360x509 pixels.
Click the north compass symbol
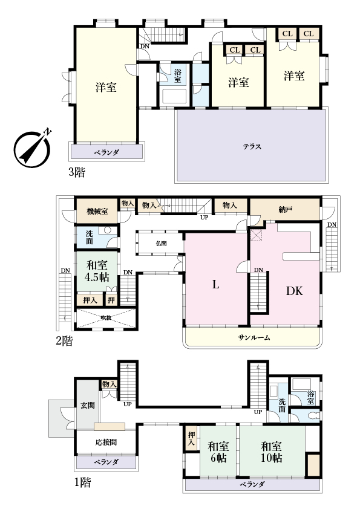32,148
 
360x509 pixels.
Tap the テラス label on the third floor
252,147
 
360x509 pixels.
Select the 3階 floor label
77,172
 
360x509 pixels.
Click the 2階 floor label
64,341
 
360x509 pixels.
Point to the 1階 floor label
82,482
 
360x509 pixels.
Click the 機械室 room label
97,212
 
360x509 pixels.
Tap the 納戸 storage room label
284,210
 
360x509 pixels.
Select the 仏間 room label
161,243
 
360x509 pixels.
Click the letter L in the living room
215,285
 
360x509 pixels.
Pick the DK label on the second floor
295,291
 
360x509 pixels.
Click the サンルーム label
254,337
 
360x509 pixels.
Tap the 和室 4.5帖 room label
97,271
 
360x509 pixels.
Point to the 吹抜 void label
106,318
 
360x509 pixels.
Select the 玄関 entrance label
88,405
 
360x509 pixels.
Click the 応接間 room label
106,442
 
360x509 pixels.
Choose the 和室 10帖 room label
272,452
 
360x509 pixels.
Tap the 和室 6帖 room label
218,452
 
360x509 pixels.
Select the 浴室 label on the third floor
177,76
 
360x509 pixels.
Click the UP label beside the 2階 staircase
204,218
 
